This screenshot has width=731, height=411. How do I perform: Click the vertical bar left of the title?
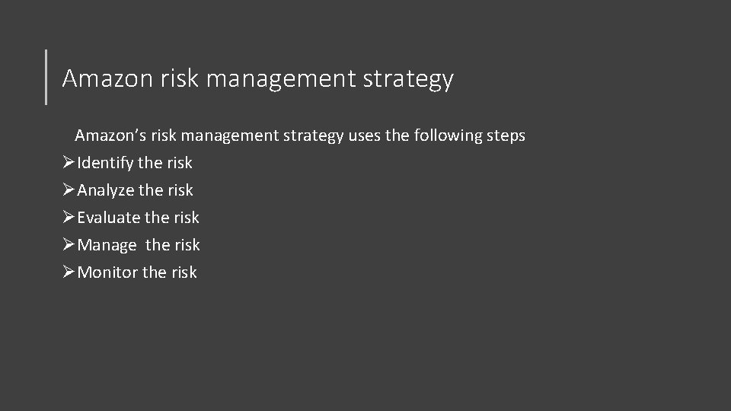(x=46, y=76)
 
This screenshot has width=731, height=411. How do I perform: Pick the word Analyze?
(x=106, y=190)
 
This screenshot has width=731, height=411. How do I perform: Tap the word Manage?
(x=107, y=245)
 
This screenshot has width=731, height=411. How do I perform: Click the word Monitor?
(x=108, y=272)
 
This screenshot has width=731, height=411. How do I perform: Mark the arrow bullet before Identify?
(x=69, y=163)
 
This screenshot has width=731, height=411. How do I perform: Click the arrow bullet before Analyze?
(x=69, y=190)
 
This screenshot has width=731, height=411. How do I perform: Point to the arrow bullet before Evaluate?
(x=69, y=218)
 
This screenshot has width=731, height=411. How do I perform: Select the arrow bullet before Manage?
(x=69, y=245)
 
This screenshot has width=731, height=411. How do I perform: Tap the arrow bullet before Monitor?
(x=69, y=272)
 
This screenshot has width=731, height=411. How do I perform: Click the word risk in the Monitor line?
(x=183, y=272)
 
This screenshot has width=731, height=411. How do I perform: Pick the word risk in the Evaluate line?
(x=186, y=218)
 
